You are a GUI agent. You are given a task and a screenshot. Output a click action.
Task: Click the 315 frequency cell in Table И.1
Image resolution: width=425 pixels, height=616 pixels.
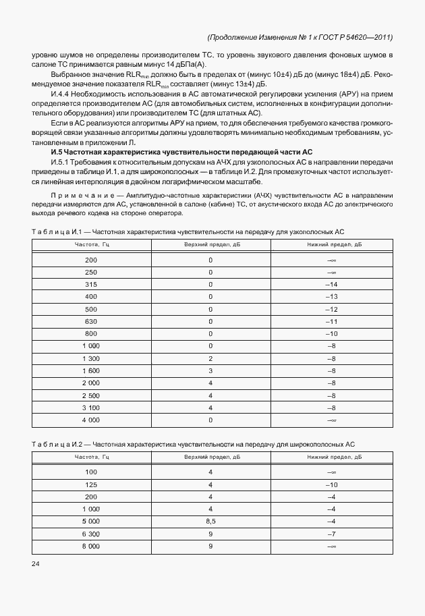90,285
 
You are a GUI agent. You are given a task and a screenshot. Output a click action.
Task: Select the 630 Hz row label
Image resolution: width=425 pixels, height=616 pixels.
90,321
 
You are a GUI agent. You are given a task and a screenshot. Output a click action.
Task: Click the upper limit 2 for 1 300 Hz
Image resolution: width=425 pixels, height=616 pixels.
210,358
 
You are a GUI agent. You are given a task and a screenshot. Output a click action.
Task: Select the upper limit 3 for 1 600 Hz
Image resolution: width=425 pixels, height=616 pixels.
210,370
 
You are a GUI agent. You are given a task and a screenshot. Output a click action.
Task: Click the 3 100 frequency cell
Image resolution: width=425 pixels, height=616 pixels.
90,407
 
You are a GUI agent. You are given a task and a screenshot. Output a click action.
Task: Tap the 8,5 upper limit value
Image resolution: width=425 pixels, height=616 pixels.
210,520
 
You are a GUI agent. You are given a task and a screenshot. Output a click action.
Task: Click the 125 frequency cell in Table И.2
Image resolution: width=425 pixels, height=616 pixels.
90,484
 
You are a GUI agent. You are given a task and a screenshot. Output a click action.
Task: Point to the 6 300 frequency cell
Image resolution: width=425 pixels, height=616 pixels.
90,532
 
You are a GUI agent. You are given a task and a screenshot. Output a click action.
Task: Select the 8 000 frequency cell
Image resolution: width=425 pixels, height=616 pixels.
90,544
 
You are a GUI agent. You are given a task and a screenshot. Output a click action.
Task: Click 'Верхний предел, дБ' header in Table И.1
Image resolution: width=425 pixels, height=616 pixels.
210,244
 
